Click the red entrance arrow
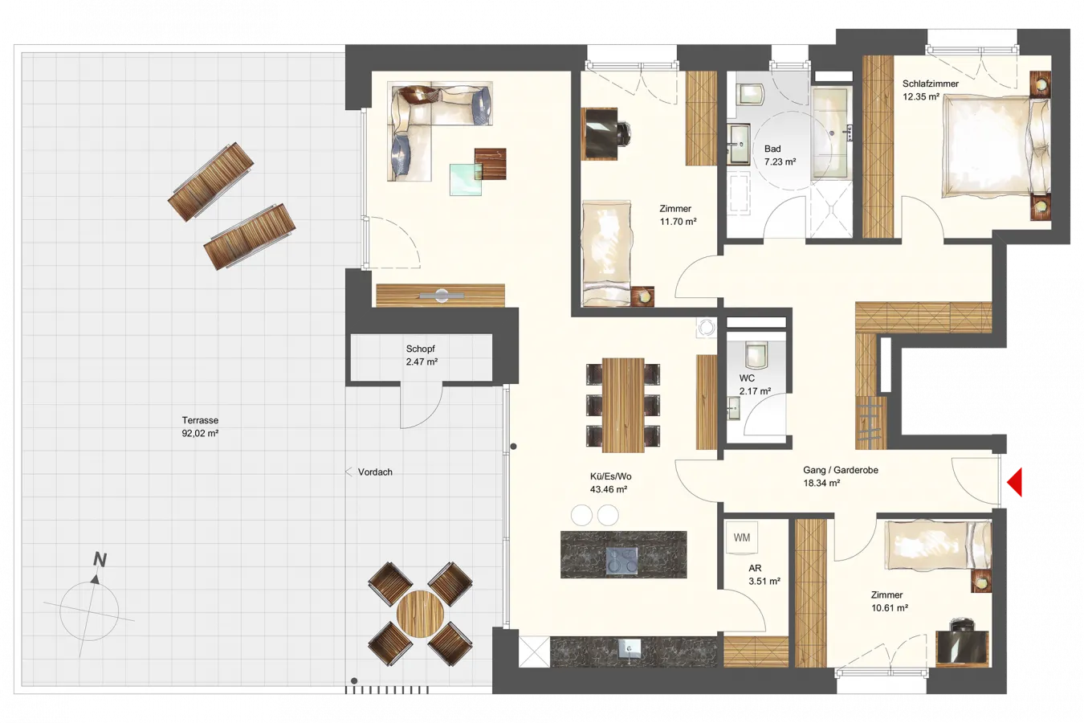click(1017, 482)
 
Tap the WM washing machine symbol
click(741, 537)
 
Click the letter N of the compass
click(100, 559)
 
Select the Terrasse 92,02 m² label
click(200, 427)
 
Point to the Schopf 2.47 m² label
click(422, 355)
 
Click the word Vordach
click(375, 472)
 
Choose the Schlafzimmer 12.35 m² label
click(931, 90)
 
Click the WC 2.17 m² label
click(755, 385)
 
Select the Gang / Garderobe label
click(841, 470)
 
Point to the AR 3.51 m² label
click(764, 574)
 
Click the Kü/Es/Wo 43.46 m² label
click(610, 483)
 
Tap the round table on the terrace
click(420, 614)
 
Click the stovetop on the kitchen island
click(621, 561)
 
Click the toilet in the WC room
click(756, 354)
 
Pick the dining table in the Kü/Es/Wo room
click(623, 405)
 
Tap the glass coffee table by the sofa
click(466, 179)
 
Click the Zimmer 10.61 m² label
click(890, 601)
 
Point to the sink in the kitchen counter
click(630, 649)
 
